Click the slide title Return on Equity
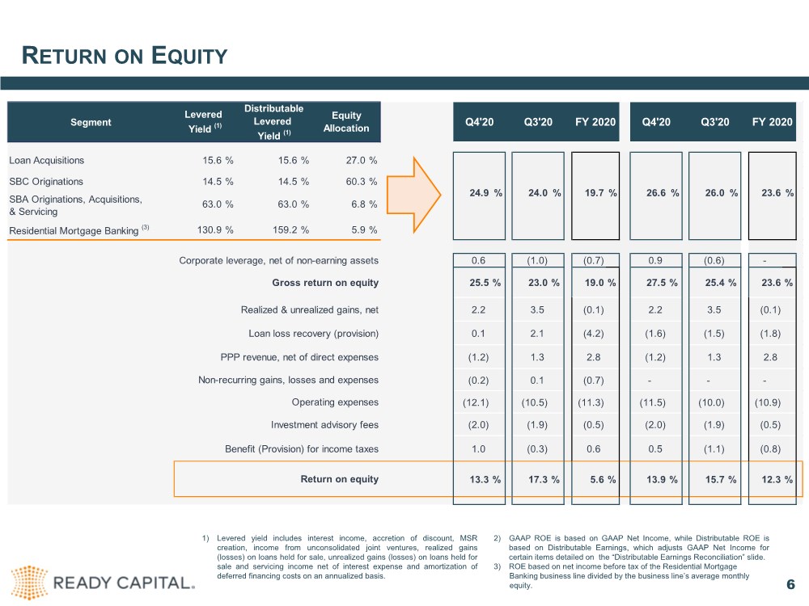(x=125, y=56)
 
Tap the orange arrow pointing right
(x=413, y=195)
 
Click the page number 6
(x=790, y=584)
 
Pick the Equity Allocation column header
(x=346, y=122)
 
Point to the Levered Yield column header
(x=203, y=122)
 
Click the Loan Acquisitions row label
(x=46, y=160)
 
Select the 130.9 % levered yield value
(x=215, y=229)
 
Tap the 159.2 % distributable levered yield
(x=291, y=229)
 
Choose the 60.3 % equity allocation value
(x=362, y=181)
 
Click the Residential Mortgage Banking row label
(x=74, y=230)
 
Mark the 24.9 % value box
(x=479, y=196)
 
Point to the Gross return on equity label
(x=325, y=282)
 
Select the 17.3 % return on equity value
(x=544, y=479)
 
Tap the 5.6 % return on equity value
(x=604, y=479)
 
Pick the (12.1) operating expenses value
(x=476, y=402)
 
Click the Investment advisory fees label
(x=324, y=425)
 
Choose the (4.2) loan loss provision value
(x=593, y=334)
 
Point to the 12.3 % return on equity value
(x=777, y=479)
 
